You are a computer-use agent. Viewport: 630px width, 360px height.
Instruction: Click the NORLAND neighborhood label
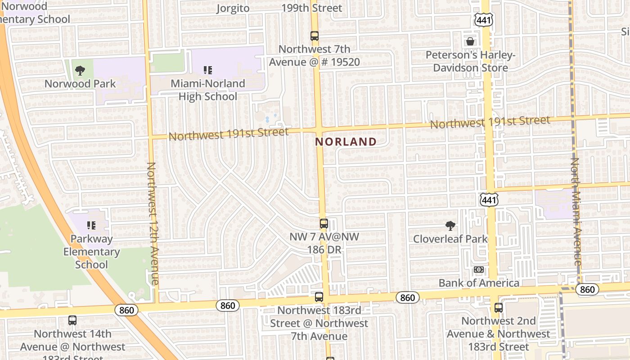346,142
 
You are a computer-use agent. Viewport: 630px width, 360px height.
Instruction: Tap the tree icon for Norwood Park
80,70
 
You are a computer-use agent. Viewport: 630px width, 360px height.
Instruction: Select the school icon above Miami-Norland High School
207,70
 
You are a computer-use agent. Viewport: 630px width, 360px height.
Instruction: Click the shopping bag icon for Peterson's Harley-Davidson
470,41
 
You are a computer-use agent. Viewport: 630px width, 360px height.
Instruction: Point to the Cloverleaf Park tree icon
450,225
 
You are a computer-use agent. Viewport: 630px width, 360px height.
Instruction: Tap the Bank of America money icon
479,270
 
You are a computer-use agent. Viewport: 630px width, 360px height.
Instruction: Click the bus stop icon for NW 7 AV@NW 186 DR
324,223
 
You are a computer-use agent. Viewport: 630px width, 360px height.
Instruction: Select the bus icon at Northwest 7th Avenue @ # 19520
315,36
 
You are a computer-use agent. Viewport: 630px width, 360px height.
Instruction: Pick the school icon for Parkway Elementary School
91,225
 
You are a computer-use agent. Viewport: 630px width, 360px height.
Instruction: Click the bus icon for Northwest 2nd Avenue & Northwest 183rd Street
499,308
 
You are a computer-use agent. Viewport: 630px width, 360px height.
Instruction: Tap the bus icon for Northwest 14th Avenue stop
72,320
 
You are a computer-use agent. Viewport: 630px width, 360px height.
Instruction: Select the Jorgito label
233,8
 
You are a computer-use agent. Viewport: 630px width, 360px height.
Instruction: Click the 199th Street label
311,8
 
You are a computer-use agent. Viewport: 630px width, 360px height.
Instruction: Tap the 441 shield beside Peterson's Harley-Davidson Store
484,19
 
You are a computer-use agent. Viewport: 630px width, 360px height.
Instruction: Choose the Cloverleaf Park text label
450,238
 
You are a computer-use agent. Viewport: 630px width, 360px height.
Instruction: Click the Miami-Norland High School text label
208,90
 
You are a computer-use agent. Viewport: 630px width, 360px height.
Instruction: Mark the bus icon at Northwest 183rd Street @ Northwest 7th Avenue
319,297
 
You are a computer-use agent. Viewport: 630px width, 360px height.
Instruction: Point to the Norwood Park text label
80,84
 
